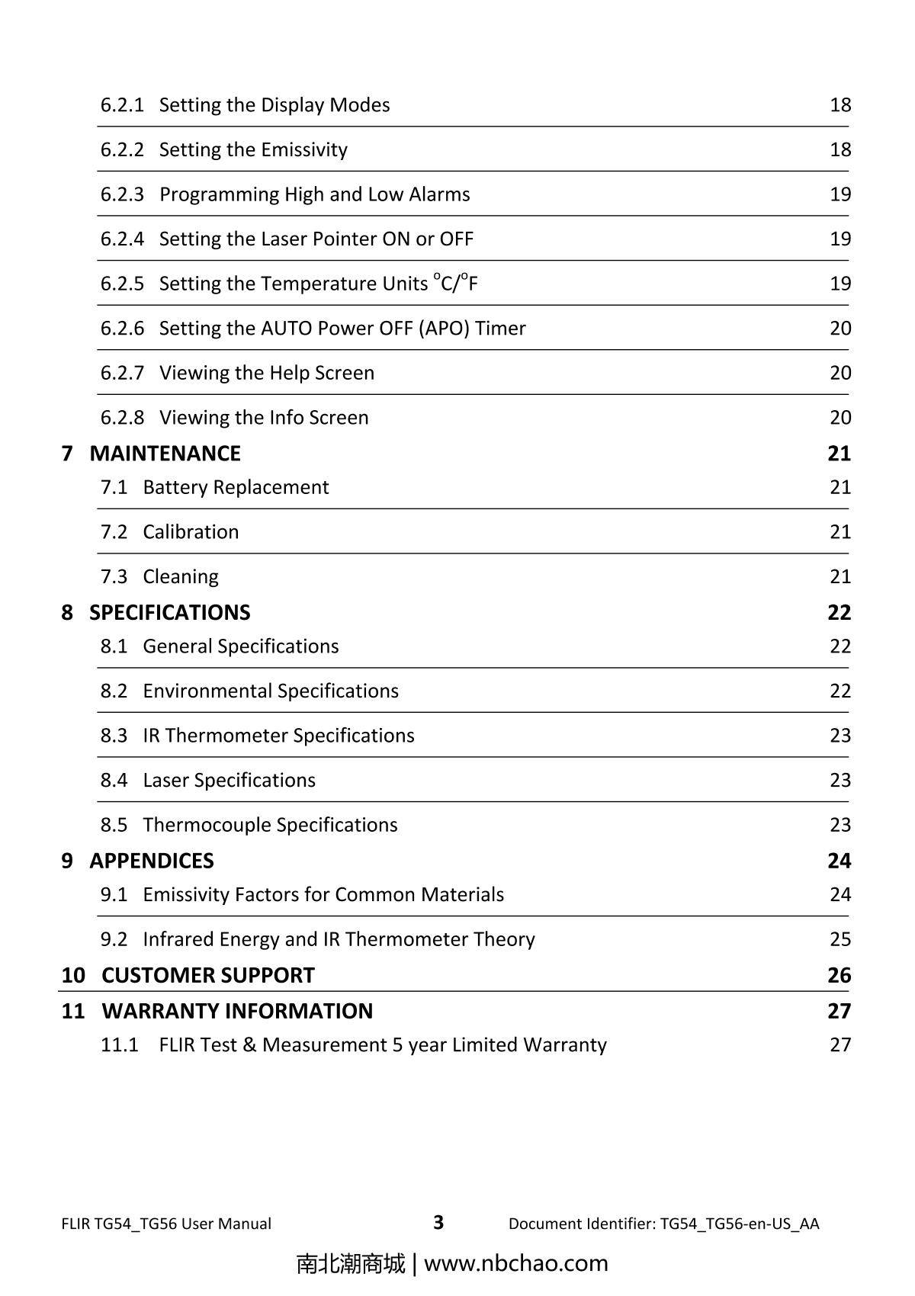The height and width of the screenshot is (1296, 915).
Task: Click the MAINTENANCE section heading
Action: point(165,454)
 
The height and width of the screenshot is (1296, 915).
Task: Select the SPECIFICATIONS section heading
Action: point(169,613)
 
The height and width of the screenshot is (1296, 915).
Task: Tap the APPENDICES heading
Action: point(151,861)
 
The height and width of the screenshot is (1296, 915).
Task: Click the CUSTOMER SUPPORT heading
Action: point(207,975)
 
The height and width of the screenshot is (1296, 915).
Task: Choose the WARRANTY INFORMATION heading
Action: point(237,1011)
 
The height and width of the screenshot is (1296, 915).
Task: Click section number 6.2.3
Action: point(122,194)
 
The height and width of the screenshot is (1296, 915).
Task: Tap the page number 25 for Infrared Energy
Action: point(840,939)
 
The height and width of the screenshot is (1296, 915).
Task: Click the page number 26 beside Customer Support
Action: point(839,975)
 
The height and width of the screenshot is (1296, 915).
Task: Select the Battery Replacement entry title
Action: point(236,487)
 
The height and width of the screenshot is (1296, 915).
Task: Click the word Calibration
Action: point(191,532)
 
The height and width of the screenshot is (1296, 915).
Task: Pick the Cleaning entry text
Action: point(181,577)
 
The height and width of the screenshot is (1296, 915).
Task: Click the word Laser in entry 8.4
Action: point(165,781)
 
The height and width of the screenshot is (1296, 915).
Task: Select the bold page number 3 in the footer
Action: point(438,1223)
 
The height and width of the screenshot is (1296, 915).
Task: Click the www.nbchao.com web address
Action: point(515,1263)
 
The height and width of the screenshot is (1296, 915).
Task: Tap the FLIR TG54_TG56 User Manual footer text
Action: point(166,1224)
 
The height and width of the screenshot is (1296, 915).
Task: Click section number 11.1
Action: point(120,1045)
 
